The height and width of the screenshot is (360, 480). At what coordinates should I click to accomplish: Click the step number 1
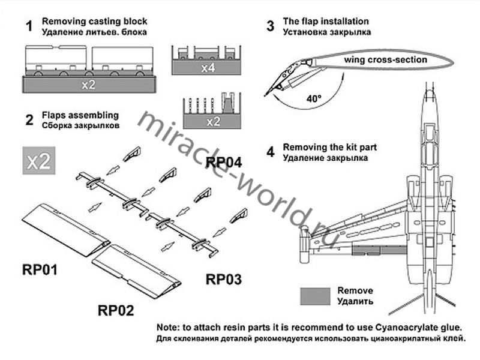point(28,26)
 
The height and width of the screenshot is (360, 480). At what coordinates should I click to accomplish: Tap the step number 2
point(28,119)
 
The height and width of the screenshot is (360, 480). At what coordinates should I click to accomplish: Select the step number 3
point(271,26)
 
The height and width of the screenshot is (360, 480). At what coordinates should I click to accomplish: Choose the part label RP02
point(115,310)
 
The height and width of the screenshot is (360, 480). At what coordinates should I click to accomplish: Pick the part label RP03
point(225,279)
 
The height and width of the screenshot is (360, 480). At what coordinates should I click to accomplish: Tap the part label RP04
point(224,162)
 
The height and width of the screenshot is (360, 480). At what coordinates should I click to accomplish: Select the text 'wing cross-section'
point(386,60)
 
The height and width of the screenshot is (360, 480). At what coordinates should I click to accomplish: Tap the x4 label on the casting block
point(208,68)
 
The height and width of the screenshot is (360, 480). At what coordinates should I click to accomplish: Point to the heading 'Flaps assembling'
point(80,115)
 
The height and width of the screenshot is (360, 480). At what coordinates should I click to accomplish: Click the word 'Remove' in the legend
point(355,290)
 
